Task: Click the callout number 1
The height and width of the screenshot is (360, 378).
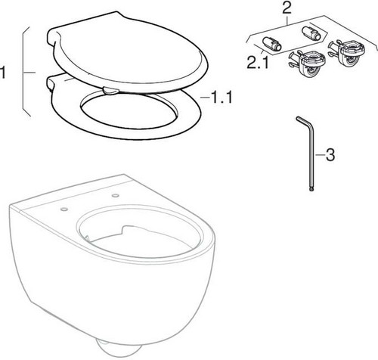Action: tap(2, 73)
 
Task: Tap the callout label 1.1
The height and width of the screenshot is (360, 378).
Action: tap(218, 98)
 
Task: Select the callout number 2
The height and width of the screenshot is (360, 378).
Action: tap(287, 8)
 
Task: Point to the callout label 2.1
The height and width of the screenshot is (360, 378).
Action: tap(258, 62)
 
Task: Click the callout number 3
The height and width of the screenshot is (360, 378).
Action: tap(330, 154)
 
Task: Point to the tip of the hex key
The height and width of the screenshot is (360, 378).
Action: tap(311, 190)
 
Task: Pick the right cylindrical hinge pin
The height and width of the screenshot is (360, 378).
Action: tap(311, 33)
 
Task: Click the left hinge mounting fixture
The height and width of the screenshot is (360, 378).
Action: tap(308, 63)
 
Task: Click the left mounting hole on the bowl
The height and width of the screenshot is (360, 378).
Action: tap(64, 209)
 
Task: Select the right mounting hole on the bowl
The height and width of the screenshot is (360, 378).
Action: tap(116, 195)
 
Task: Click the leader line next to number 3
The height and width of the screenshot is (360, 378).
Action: tap(320, 155)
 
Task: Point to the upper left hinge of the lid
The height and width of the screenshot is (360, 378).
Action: tap(54, 36)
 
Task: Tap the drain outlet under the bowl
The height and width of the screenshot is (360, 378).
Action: tap(119, 350)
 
